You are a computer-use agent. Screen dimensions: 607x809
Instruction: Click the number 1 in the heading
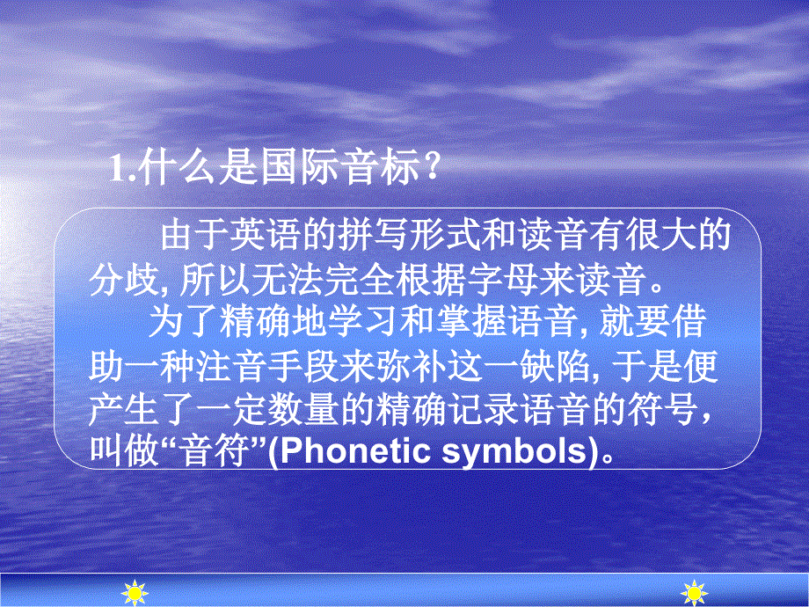(119, 167)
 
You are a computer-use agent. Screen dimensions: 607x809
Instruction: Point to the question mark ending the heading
(430, 167)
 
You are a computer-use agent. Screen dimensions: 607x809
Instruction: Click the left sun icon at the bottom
(134, 594)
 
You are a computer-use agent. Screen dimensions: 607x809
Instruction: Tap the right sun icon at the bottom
(696, 594)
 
